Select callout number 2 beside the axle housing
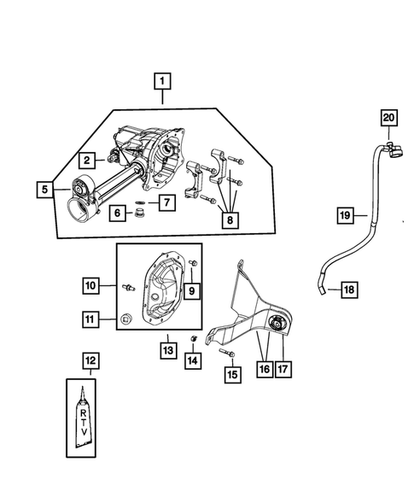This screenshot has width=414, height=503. coord(87,159)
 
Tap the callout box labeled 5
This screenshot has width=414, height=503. coord(43,189)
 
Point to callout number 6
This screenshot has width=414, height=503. coord(115,213)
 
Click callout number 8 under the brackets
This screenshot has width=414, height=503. coord(228,220)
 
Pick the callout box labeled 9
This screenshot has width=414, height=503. coord(192,291)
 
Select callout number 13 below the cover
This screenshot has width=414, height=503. coord(168,348)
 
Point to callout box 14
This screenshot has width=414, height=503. coord(193,361)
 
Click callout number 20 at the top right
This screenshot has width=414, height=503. coord(388,117)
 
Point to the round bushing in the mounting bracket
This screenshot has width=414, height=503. coord(278,323)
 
